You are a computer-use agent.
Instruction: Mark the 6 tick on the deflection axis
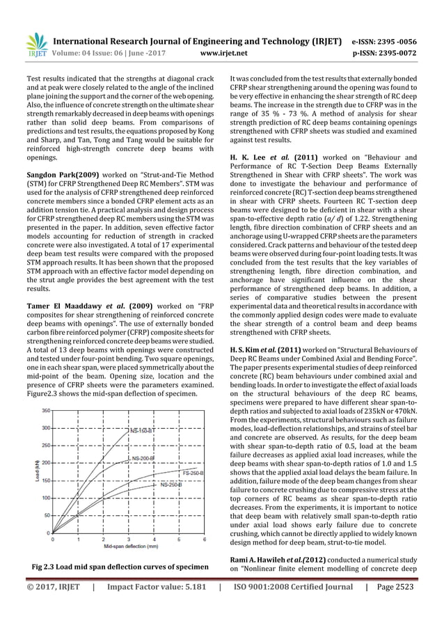tap(204, 539)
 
